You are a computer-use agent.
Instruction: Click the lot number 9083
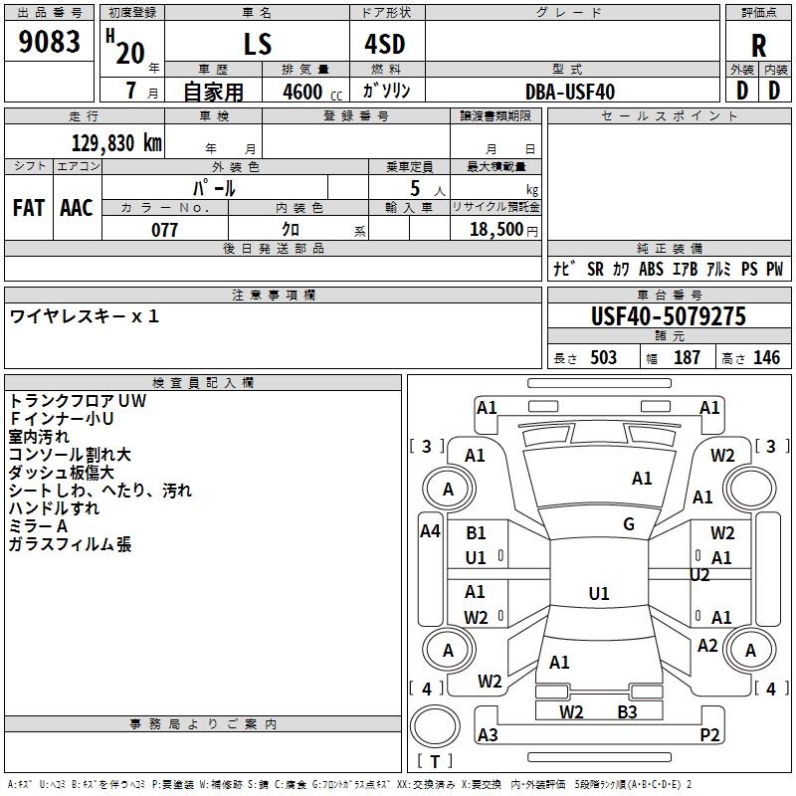[49, 42]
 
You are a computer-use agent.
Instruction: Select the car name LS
[258, 44]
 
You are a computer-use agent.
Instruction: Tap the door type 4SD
[385, 44]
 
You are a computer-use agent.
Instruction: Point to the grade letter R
[758, 46]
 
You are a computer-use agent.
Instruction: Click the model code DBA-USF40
[570, 92]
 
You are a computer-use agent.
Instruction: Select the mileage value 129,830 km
[116, 142]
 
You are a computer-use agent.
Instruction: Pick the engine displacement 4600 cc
[312, 92]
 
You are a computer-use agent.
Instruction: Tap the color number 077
[164, 230]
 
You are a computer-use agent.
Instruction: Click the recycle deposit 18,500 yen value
[503, 230]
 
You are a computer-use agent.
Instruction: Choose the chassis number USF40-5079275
[669, 316]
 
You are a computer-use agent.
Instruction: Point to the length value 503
[603, 357]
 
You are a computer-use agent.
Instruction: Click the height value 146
[766, 357]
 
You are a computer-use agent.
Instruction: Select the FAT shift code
[29, 208]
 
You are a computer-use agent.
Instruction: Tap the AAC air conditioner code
[77, 208]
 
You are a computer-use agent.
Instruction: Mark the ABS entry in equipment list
[651, 269]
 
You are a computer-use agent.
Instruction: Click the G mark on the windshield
[629, 524]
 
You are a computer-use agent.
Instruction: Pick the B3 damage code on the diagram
[628, 711]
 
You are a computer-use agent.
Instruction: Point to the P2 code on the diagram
[709, 734]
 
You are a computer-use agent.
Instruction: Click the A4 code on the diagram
[430, 531]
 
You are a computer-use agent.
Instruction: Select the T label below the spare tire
[435, 761]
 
